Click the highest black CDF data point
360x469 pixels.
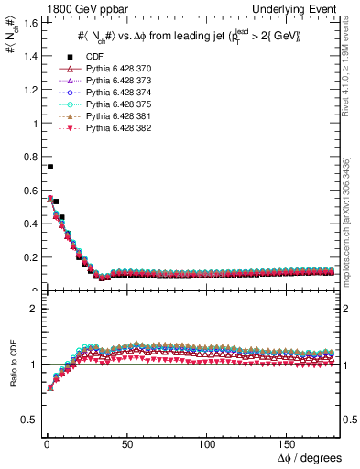coord(49,167)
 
